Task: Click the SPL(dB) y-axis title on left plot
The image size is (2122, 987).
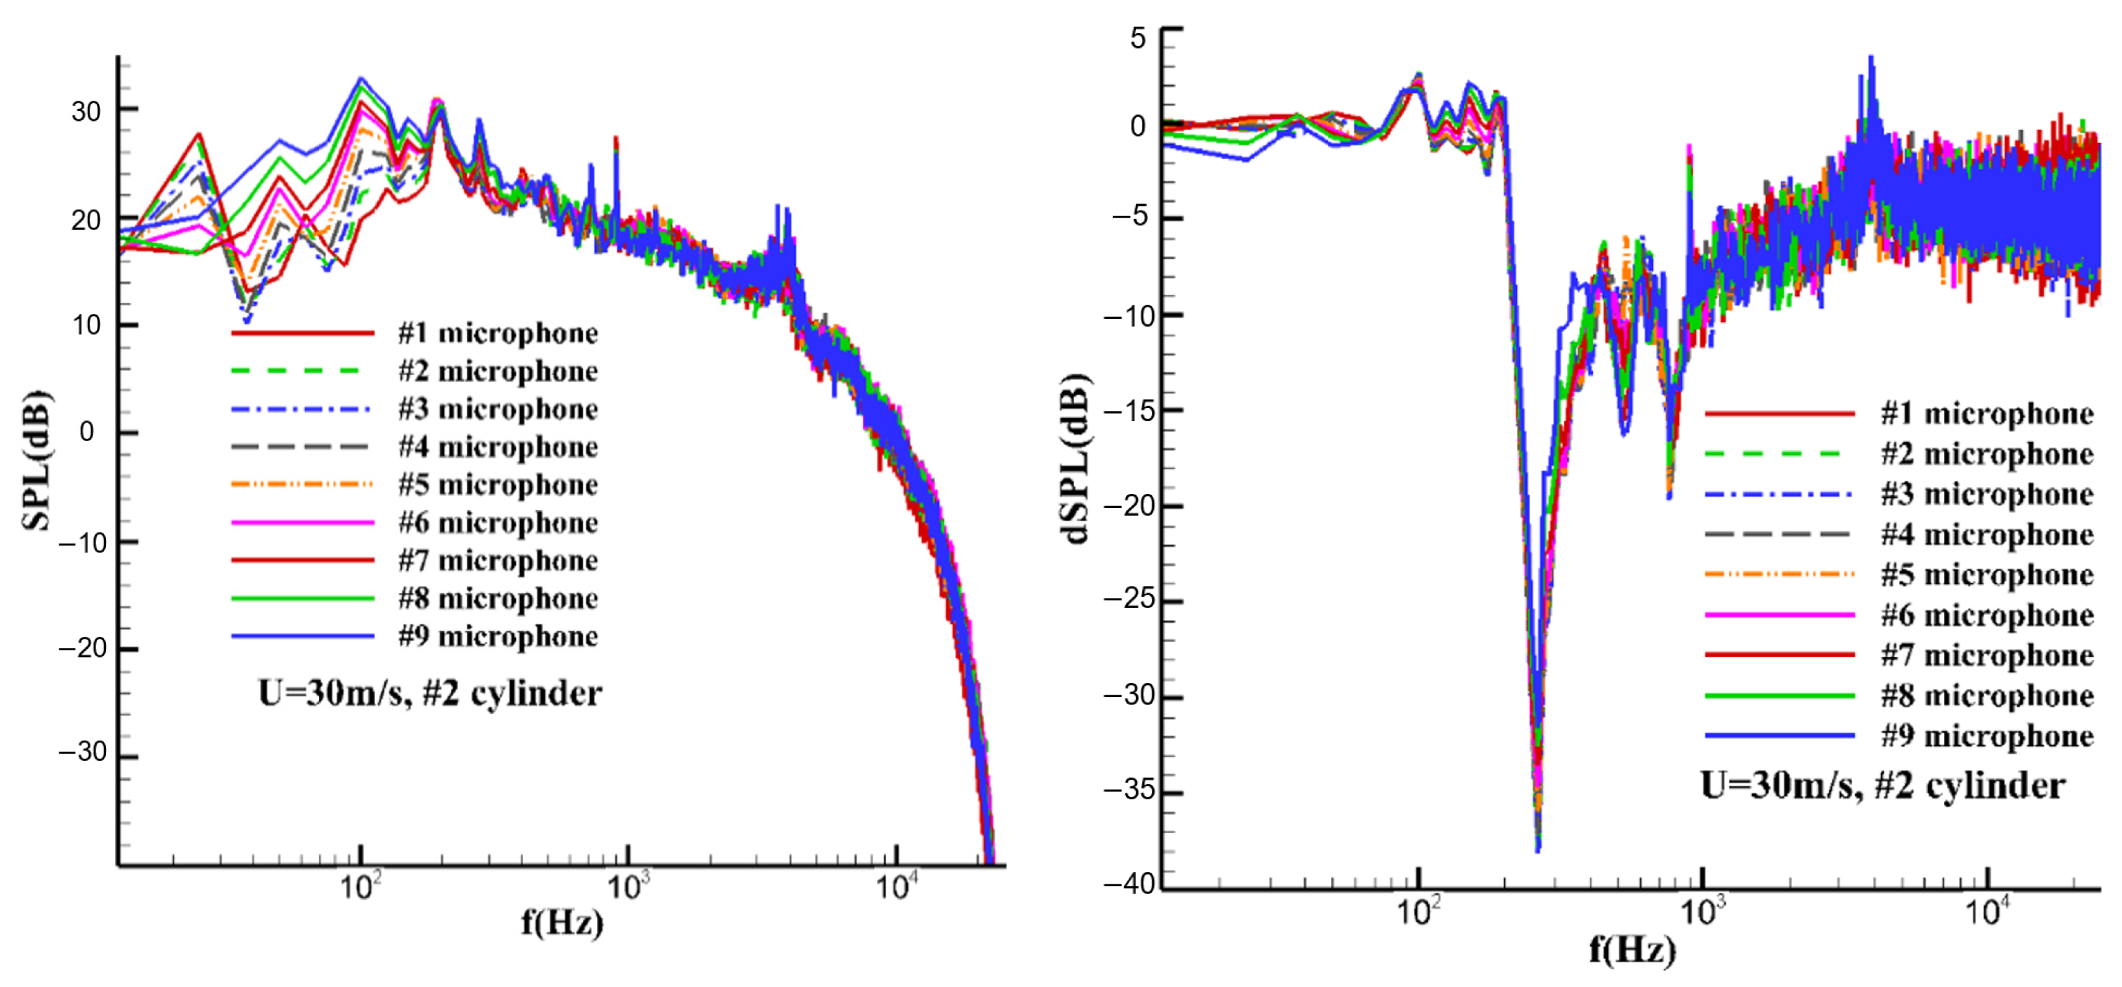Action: tap(36, 461)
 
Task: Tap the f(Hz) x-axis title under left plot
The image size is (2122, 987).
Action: tap(563, 922)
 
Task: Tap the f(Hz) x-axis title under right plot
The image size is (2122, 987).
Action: tap(1633, 949)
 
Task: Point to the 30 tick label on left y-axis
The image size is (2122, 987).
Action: tap(86, 112)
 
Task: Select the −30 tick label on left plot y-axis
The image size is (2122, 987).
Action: tap(83, 752)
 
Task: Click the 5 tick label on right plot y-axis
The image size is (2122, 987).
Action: tap(1138, 38)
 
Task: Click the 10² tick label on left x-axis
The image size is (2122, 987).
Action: tap(360, 888)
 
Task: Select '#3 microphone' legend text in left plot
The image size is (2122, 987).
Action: tap(498, 409)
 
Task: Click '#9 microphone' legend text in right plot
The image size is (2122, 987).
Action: tap(1987, 736)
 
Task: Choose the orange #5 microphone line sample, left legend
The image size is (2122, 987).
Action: tap(301, 485)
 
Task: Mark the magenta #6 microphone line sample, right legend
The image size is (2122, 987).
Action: tap(1780, 615)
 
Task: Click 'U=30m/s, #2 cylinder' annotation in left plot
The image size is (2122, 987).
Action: tap(429, 694)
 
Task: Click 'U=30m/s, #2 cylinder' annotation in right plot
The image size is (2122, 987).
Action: tap(1883, 785)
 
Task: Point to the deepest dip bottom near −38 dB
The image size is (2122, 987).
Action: tap(1538, 849)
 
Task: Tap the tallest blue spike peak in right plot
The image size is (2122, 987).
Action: tap(1871, 58)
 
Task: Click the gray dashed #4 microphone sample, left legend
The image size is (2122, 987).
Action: tap(301, 446)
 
